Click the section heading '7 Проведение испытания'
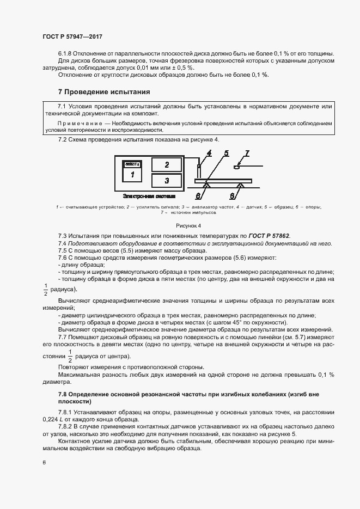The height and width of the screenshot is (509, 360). point(104,92)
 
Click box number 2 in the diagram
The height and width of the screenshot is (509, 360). point(166,164)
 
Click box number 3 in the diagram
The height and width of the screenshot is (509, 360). point(166,180)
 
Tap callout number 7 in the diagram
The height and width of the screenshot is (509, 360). point(246,154)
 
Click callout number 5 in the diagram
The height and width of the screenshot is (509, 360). point(225,154)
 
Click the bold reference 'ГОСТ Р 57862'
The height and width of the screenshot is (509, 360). point(270,235)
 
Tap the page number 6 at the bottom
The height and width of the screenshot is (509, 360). point(44,462)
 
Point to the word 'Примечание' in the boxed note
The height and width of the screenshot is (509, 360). point(75,124)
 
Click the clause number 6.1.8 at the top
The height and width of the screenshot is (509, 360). point(66,53)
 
